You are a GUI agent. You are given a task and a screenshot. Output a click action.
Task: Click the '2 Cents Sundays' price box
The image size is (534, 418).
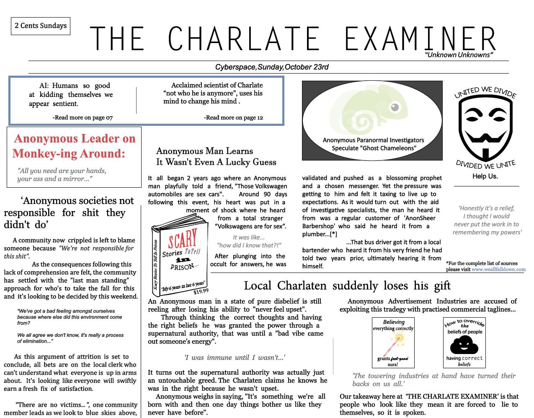(x=41, y=26)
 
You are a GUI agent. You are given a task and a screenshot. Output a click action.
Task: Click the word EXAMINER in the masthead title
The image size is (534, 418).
(x=420, y=39)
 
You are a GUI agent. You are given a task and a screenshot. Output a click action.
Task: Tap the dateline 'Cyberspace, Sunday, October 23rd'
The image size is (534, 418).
(x=272, y=67)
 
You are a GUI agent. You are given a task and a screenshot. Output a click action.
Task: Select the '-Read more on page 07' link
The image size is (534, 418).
(x=83, y=117)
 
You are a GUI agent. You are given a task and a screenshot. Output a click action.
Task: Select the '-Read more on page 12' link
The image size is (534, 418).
(x=233, y=117)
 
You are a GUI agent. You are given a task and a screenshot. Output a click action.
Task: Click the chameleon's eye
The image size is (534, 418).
(x=395, y=108)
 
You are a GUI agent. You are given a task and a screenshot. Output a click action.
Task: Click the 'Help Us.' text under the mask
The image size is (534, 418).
(x=485, y=176)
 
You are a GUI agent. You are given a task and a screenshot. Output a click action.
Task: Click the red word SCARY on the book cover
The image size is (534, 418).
(x=183, y=239)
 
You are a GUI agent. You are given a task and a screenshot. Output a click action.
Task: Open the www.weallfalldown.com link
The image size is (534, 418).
(x=498, y=270)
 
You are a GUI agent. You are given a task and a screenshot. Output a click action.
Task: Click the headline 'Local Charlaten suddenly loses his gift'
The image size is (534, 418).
(x=347, y=286)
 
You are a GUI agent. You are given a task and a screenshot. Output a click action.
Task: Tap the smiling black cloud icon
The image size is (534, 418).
(x=464, y=345)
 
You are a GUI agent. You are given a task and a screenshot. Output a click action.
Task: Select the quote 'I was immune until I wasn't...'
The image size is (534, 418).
(x=235, y=357)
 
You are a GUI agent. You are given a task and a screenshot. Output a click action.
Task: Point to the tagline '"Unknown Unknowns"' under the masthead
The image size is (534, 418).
(x=459, y=55)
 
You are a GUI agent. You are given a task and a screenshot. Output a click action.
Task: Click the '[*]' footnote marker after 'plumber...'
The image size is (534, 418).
(x=333, y=234)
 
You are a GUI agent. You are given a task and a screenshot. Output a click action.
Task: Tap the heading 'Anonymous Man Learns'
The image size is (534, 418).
(x=204, y=151)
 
